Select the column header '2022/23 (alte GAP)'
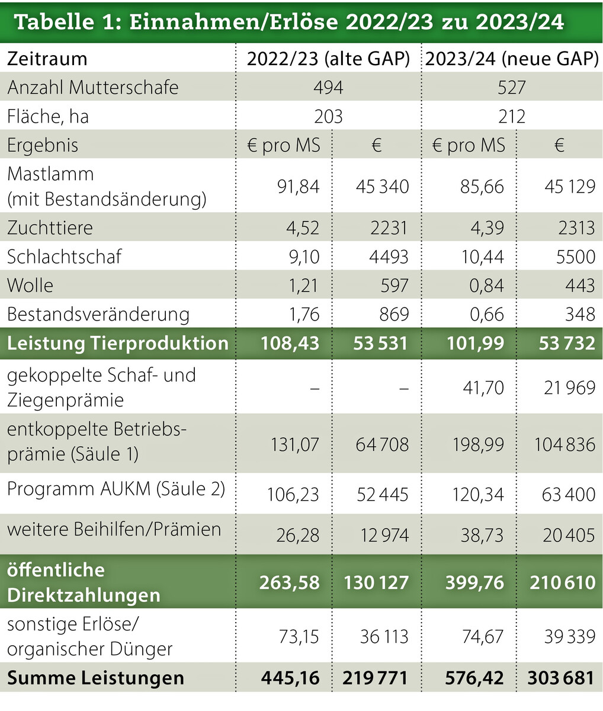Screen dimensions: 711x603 pos(328,59)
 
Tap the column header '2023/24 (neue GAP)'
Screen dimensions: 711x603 pos(512,59)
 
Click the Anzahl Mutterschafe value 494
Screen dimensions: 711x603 pos(328,88)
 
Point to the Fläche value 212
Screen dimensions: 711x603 pos(512,116)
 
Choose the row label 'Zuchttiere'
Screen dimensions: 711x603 pos(50,228)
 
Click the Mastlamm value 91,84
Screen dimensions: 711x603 pos(298,187)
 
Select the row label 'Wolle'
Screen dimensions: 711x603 pos(30,286)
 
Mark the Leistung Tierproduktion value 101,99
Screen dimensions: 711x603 pos(474,344)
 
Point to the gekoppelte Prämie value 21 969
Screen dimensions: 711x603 pos(569,388)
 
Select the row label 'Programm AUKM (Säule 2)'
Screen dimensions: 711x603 pos(116,489)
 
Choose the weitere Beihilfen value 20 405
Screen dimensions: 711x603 pos(569,536)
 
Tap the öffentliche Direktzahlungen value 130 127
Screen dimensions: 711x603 pos(376,582)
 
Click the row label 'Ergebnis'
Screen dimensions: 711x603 pos(43,145)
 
